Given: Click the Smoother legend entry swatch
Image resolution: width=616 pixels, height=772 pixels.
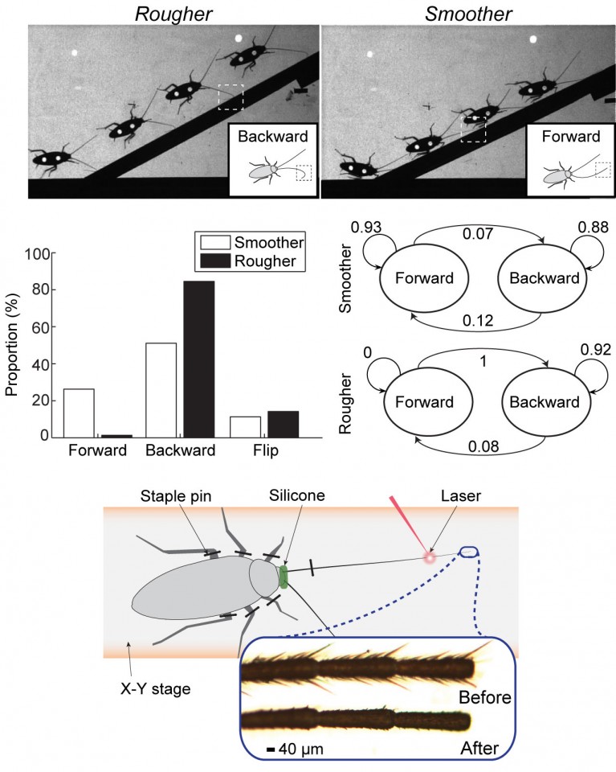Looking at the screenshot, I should click(214, 241).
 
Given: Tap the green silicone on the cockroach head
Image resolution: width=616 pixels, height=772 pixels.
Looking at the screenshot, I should click(284, 577).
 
